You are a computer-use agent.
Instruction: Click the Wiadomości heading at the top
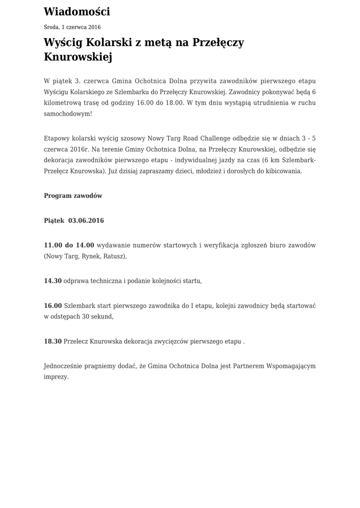click(x=77, y=11)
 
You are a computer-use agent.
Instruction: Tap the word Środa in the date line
click(x=52, y=27)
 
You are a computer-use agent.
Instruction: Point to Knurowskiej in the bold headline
click(x=78, y=57)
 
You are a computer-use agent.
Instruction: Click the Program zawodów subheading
click(x=73, y=195)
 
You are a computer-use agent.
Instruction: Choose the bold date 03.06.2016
click(x=86, y=220)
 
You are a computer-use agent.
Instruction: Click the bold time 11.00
click(x=53, y=245)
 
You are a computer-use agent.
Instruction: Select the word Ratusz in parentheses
click(x=114, y=256)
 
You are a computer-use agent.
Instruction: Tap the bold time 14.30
click(x=53, y=281)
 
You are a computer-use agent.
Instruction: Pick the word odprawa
click(x=76, y=281)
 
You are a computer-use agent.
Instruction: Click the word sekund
click(x=102, y=317)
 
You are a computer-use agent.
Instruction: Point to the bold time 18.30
click(x=53, y=341)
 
